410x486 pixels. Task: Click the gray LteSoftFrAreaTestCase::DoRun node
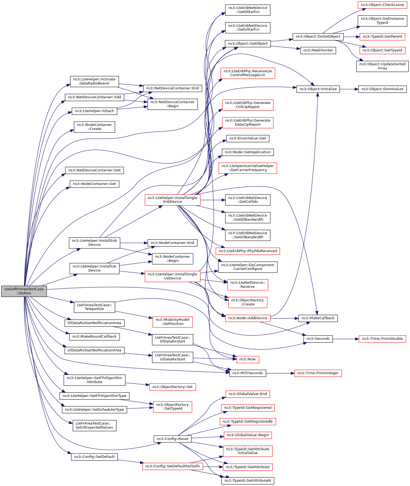tap(24, 291)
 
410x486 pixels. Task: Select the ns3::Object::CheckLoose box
tap(382, 5)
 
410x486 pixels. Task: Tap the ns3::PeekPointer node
tap(318, 50)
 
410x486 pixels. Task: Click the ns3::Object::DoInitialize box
tap(382, 89)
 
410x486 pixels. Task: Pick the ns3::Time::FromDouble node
tap(382, 339)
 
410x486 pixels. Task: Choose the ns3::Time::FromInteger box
tap(318, 373)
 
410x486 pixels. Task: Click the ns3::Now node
tap(248, 359)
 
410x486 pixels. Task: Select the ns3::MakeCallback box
tap(318, 318)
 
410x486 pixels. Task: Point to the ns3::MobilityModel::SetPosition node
tap(173, 322)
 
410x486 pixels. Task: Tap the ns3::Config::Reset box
tap(172, 439)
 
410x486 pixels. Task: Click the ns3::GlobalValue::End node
tap(248, 394)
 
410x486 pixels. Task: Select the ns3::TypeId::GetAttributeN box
tap(248, 481)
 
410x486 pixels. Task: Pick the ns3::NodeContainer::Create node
tap(95, 127)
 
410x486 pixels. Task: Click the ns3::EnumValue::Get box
tap(248, 138)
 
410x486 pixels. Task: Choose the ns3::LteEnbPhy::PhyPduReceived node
tap(248, 251)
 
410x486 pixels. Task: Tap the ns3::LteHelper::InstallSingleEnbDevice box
tap(172, 200)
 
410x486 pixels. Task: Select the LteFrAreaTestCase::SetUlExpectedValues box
tap(94, 425)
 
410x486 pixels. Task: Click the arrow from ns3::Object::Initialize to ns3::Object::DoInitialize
tap(349, 89)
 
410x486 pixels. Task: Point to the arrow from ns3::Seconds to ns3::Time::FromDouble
tap(346, 339)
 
